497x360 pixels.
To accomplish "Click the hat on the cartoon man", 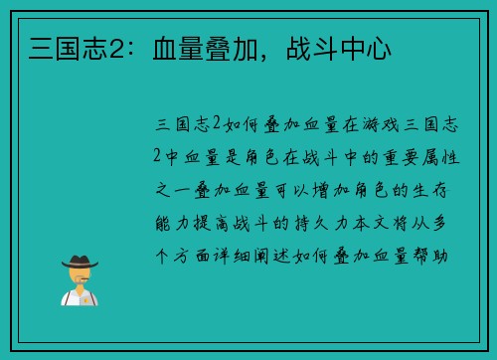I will [81, 261].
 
